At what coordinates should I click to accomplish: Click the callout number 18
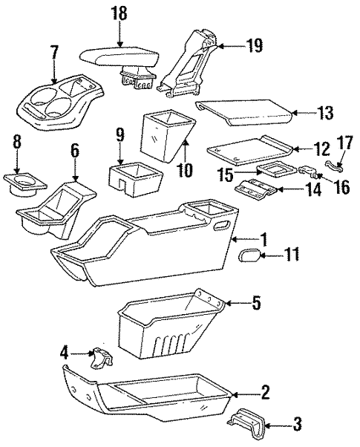[119, 13]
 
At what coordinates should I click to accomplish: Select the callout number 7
[53, 53]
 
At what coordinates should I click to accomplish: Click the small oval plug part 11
[250, 258]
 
